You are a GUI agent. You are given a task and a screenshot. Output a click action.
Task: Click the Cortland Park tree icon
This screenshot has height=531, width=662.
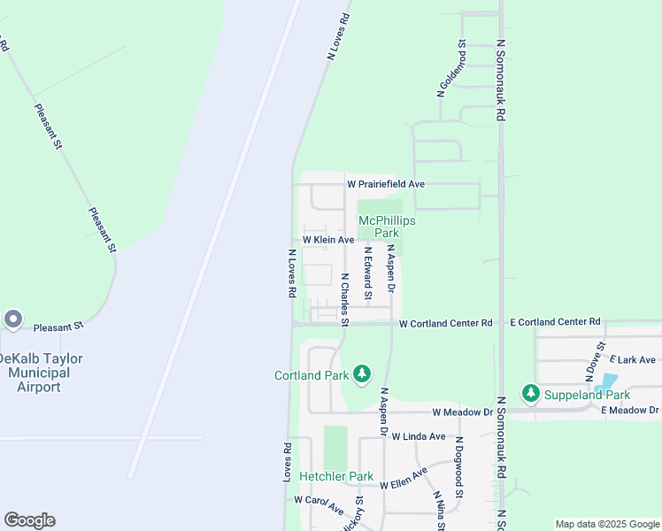pyautogui.click(x=361, y=375)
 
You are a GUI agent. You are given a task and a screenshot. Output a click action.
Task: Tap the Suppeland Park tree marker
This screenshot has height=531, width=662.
pyautogui.click(x=530, y=393)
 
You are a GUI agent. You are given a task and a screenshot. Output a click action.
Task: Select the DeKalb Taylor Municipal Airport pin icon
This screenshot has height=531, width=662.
pyautogui.click(x=12, y=319)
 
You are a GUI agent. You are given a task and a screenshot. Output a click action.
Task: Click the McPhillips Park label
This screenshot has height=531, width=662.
pyautogui.click(x=386, y=227)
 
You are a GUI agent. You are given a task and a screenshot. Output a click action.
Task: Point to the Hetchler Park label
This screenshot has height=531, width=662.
pyautogui.click(x=336, y=476)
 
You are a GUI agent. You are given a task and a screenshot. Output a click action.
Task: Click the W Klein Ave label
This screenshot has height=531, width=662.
pyautogui.click(x=328, y=240)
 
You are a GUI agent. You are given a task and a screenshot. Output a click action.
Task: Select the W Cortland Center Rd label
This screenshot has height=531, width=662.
pyautogui.click(x=445, y=323)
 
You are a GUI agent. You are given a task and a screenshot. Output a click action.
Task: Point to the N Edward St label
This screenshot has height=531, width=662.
pyautogui.click(x=366, y=273)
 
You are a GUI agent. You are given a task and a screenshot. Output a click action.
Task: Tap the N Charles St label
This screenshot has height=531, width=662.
pyautogui.click(x=345, y=297)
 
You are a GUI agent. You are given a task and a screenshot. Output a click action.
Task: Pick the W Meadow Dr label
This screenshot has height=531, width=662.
pyautogui.click(x=462, y=412)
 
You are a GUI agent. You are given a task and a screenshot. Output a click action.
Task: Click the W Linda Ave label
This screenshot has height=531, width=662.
pyautogui.click(x=419, y=436)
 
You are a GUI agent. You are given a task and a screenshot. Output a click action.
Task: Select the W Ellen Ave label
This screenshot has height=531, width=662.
pyautogui.click(x=404, y=480)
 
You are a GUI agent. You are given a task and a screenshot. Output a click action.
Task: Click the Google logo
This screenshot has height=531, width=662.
pyautogui.click(x=29, y=520)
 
